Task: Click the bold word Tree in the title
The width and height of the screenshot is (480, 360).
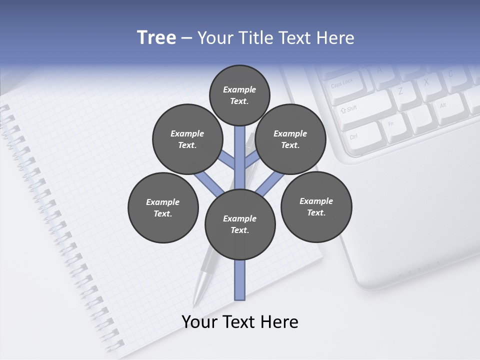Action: point(156,38)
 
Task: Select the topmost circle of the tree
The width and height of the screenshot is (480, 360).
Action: point(239,95)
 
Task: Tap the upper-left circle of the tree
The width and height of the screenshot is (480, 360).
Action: point(187,139)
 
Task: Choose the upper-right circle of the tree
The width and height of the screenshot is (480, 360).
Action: point(290,139)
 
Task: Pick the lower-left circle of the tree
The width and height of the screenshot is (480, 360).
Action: point(163,208)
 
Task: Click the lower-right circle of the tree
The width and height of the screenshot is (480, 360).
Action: point(316,207)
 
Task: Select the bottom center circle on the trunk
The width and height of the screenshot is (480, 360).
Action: point(240,224)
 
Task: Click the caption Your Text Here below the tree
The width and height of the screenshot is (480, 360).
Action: point(240,322)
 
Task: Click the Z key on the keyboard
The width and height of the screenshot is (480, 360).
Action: point(400,91)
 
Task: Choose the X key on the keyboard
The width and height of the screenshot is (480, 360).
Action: point(426,81)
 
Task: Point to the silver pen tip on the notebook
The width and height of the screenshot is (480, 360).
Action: point(196,301)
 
